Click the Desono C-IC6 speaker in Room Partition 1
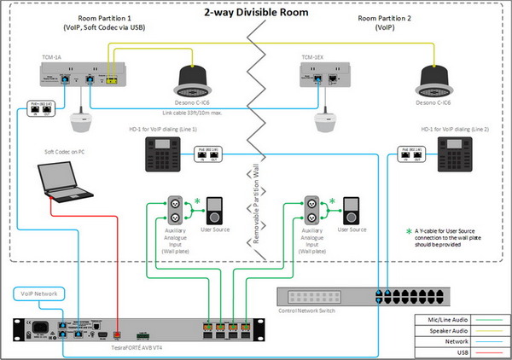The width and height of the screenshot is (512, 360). click(x=197, y=80)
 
